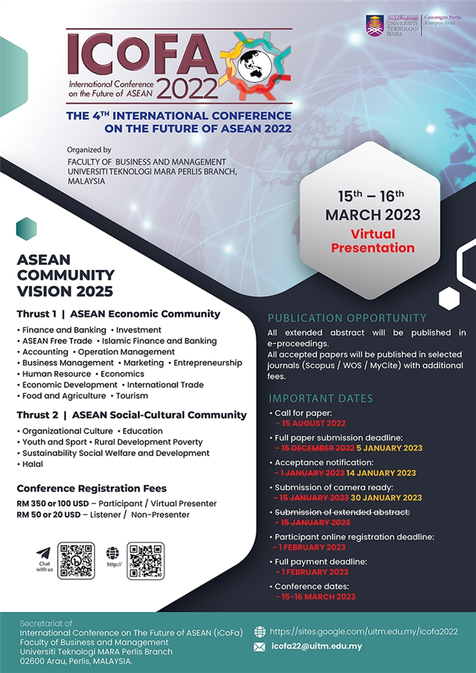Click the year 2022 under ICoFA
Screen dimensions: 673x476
pos(187,88)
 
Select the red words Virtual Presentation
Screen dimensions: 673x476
pos(373,241)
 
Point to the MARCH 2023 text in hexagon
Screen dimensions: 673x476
pos(373,215)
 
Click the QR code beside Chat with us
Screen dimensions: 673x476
pos(76,560)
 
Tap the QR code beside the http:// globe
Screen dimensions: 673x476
pos(146,560)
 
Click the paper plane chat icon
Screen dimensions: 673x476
pos(44,553)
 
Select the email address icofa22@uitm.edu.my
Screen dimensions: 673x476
pos(316,646)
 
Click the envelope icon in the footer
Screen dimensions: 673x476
pos(259,647)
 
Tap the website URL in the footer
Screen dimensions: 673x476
pos(364,632)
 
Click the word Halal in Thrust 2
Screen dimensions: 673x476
pos(33,464)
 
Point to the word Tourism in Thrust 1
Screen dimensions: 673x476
pos(131,396)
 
